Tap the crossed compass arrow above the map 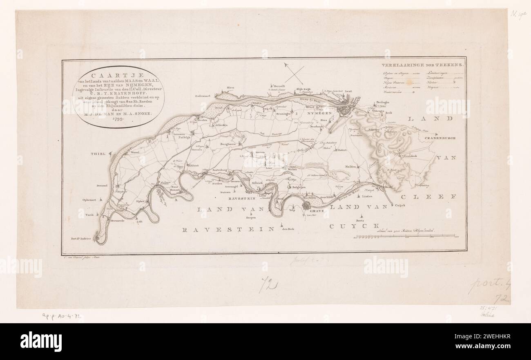tap(294, 74)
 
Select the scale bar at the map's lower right tap(404, 236)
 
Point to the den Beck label tap(288, 229)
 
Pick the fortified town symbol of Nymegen tap(346, 109)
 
